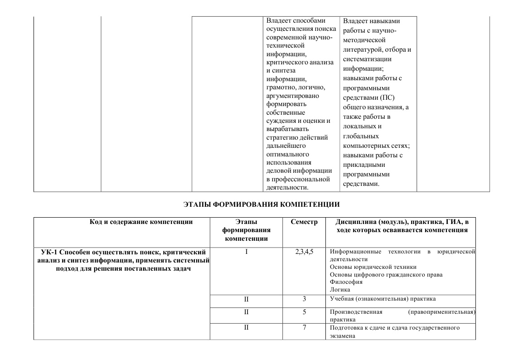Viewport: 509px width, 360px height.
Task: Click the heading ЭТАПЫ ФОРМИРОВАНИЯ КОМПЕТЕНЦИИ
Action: [262, 204]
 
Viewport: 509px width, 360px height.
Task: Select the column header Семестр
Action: [304, 222]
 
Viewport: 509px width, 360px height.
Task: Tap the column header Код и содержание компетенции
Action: [141, 222]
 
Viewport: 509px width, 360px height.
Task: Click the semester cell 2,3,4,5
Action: [304, 252]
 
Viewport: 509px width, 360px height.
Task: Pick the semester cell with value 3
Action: [304, 299]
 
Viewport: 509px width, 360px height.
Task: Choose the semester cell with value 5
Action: [304, 312]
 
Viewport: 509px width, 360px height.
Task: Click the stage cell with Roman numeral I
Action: [246, 252]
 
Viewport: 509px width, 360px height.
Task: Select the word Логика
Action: [340, 289]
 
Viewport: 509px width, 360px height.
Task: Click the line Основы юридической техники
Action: [373, 267]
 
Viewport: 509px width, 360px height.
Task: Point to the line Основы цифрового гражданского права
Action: [386, 275]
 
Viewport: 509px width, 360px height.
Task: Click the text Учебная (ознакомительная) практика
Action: [383, 299]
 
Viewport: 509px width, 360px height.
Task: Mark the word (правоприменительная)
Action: [441, 312]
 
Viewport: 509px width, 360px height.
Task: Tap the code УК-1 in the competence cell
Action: [48, 252]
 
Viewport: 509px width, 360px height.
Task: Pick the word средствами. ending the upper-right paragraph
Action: [360, 184]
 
